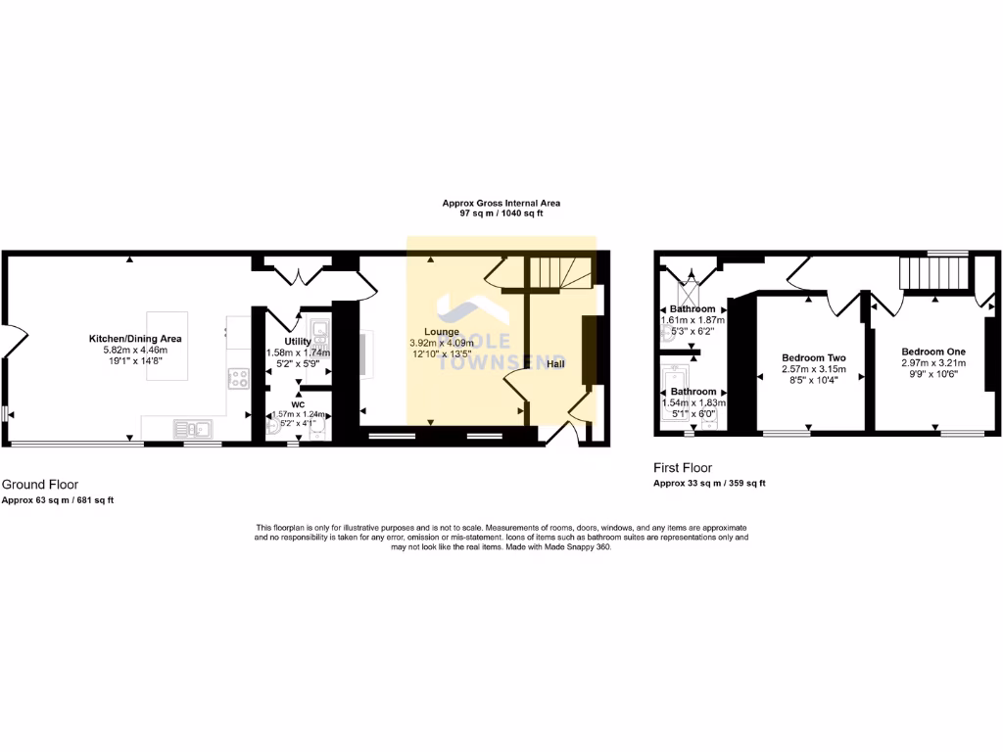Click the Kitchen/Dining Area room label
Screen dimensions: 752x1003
click(136, 339)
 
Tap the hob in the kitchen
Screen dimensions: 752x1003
click(238, 378)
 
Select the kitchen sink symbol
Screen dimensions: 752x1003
click(192, 426)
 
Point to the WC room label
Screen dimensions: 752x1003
click(298, 402)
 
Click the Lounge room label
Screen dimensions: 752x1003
click(442, 331)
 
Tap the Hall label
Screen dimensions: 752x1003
click(555, 364)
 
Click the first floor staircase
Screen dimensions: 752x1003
click(933, 273)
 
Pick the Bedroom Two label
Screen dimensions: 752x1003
click(813, 357)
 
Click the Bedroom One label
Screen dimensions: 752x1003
click(933, 352)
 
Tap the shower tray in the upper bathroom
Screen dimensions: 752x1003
click(690, 290)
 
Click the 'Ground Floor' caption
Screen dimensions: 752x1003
click(40, 484)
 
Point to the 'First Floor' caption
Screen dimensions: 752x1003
click(683, 468)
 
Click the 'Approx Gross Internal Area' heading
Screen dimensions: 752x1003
click(501, 203)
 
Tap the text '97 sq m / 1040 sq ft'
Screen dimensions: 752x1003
click(501, 213)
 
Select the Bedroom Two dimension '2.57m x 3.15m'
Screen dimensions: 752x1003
click(813, 369)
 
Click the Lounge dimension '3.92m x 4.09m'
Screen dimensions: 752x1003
click(442, 343)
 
